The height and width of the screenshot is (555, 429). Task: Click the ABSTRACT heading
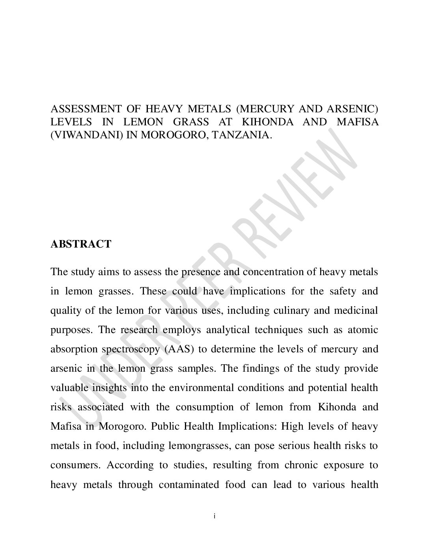click(x=81, y=244)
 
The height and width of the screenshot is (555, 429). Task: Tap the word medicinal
click(x=356, y=311)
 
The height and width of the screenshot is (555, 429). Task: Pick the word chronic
click(x=302, y=465)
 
